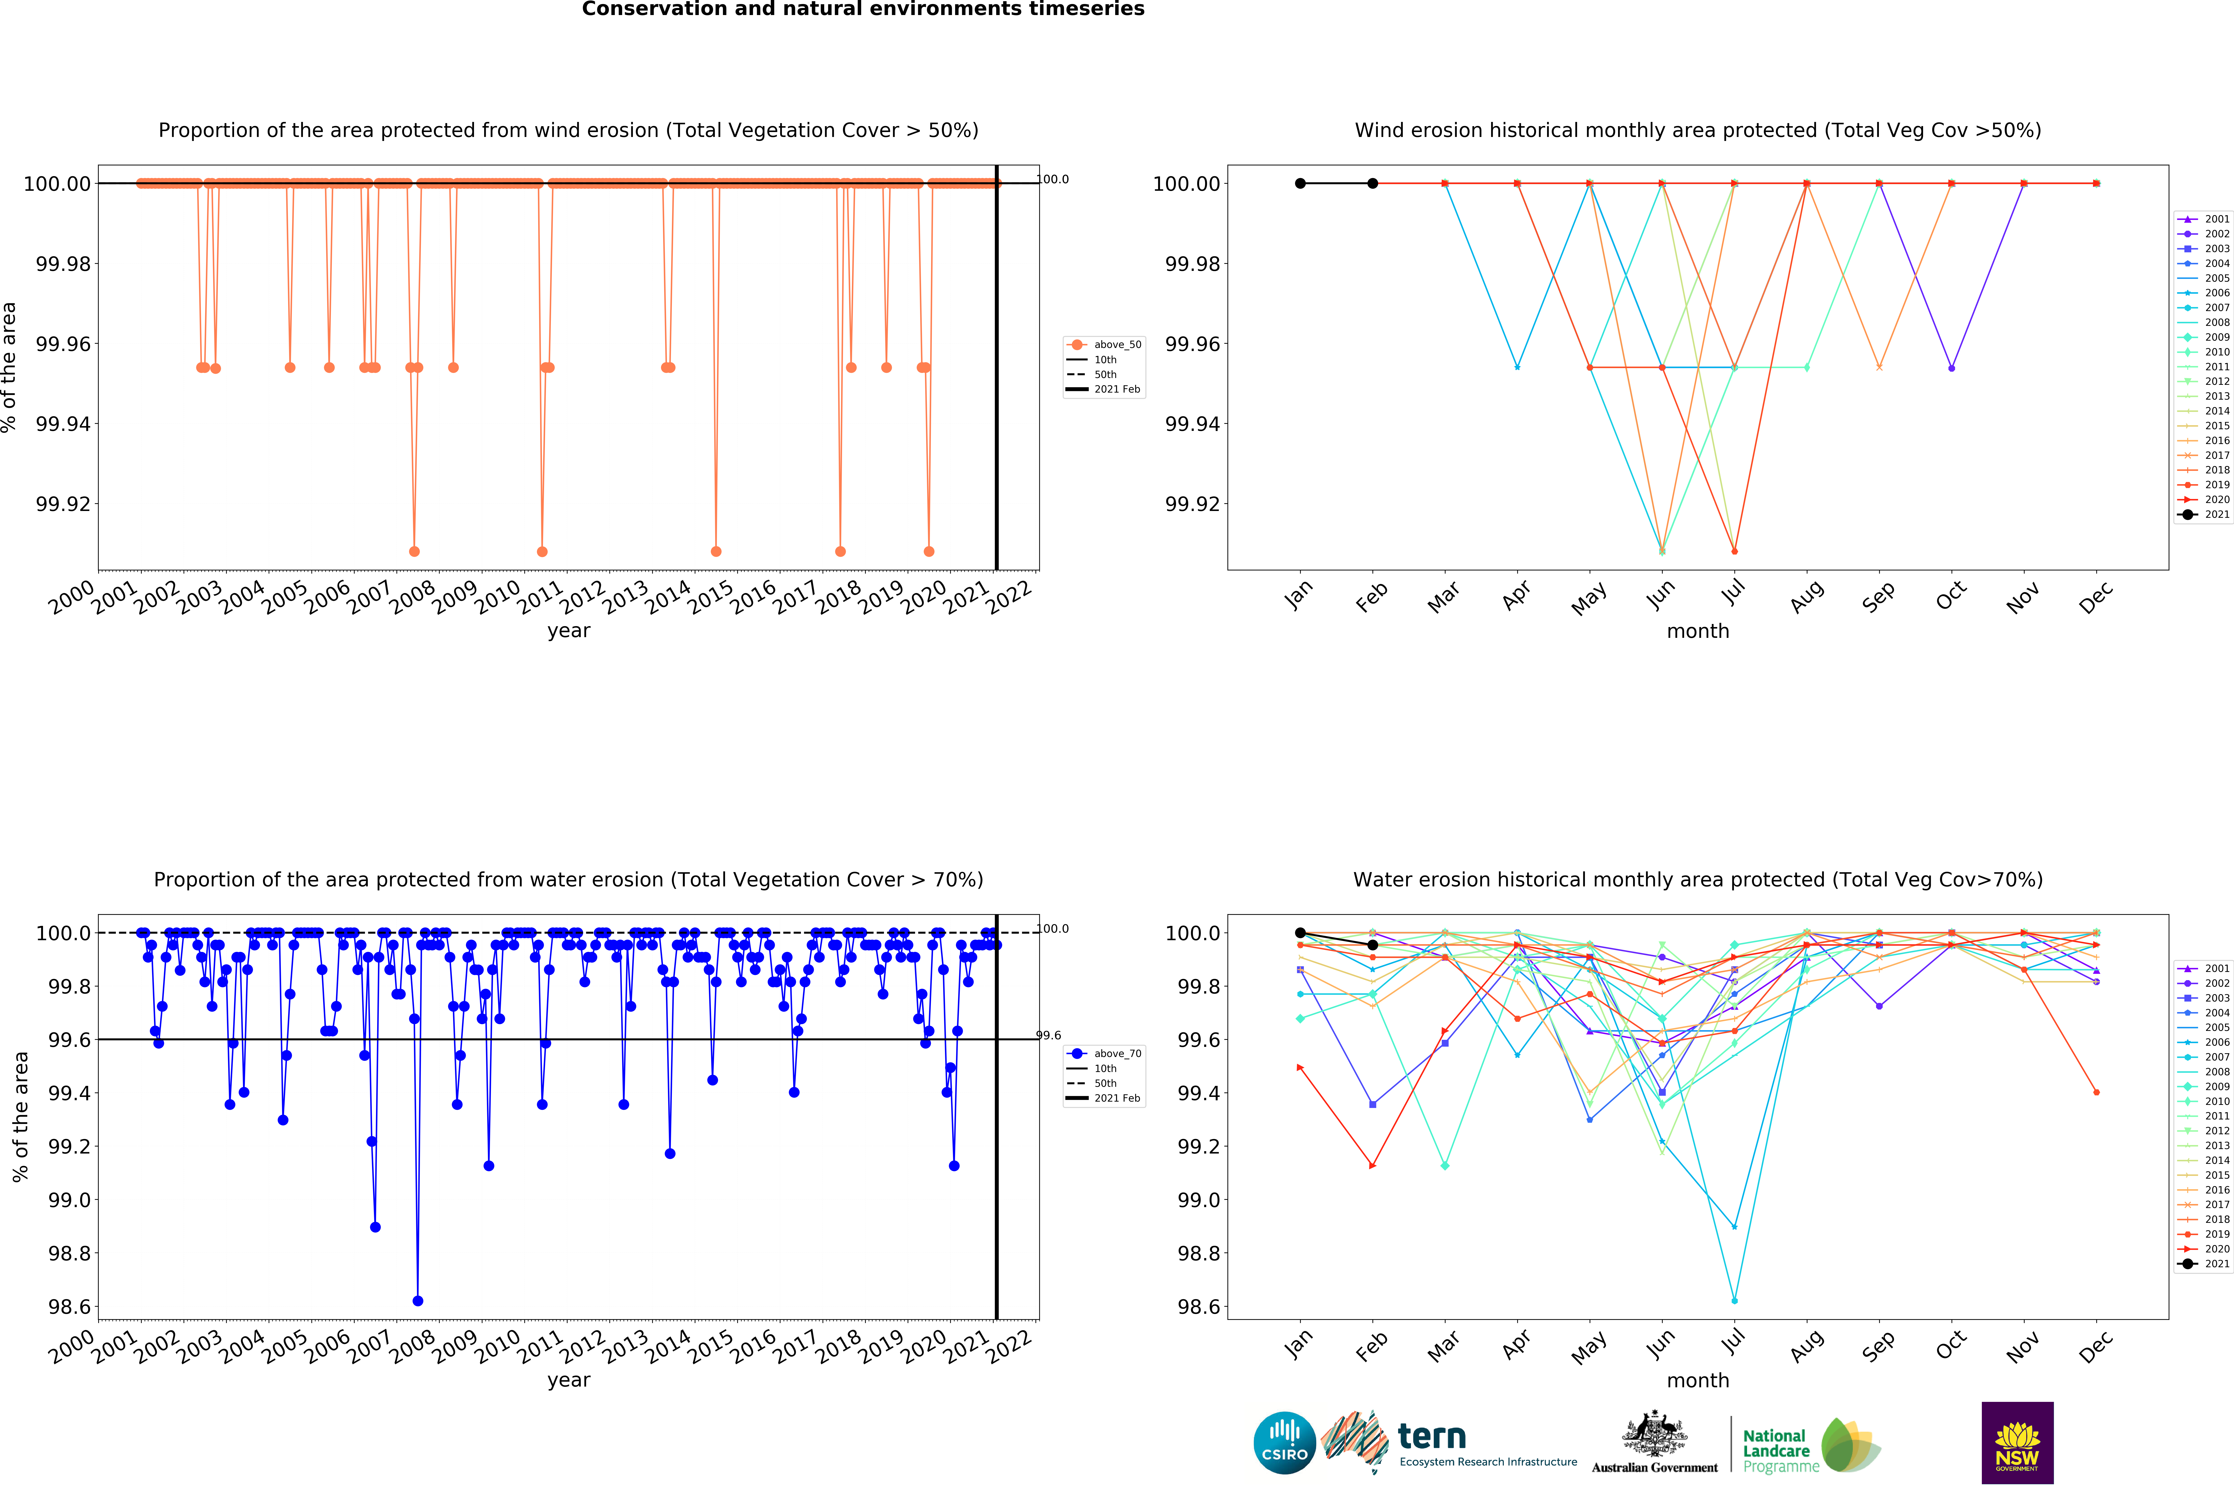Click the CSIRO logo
(1284, 1443)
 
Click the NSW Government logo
(2017, 1443)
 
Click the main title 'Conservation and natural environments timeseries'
(863, 10)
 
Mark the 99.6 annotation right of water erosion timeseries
(1050, 1036)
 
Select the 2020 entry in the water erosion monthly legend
(2204, 1249)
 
